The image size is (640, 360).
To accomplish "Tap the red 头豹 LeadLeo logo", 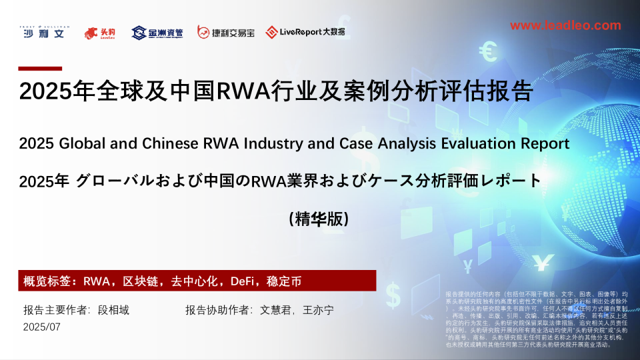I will coord(100,33).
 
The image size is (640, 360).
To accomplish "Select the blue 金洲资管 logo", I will coord(157,33).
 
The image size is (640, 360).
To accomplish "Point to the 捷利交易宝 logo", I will coord(225,33).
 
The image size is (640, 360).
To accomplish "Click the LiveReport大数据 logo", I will coord(305,32).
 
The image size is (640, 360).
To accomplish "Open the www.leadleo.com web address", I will coord(565,25).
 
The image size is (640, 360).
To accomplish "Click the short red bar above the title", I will coord(40,68).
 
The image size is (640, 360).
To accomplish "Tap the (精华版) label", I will coord(319,218).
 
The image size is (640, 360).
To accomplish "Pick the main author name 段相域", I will coord(113,310).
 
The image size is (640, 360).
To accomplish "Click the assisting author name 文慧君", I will coord(275,310).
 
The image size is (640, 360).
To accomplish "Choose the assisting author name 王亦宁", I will coord(318,310).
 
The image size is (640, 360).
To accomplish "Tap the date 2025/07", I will coord(41,327).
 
